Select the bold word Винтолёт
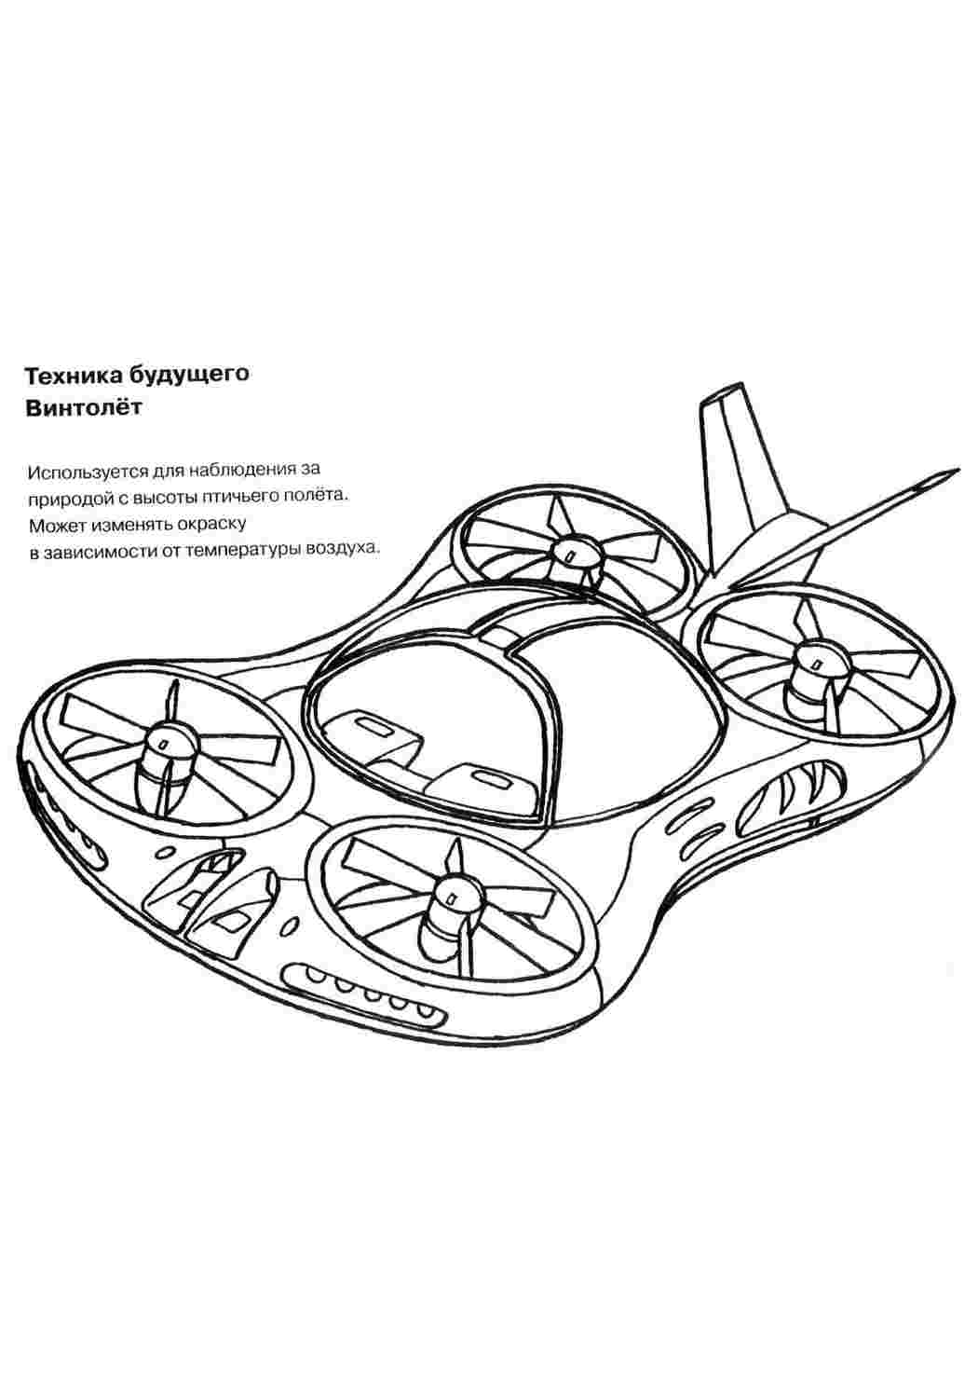(x=83, y=408)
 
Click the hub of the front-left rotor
(x=164, y=742)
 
